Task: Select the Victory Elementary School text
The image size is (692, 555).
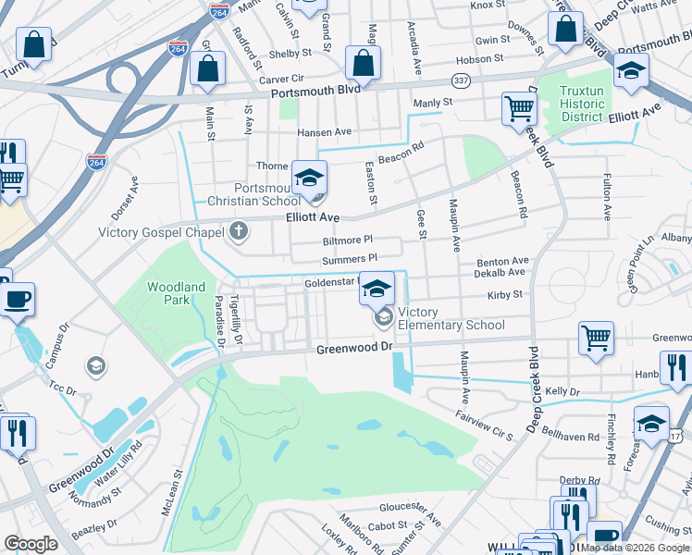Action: tap(451, 318)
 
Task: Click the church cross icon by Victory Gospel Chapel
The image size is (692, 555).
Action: tap(239, 231)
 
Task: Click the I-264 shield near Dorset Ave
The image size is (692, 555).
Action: tap(96, 162)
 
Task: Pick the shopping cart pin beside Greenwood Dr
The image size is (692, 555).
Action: tap(596, 338)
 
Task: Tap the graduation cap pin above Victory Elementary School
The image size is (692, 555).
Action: tap(377, 290)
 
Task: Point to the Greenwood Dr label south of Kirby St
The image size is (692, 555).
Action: tap(354, 349)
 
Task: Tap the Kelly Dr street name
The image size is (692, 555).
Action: tap(562, 392)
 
